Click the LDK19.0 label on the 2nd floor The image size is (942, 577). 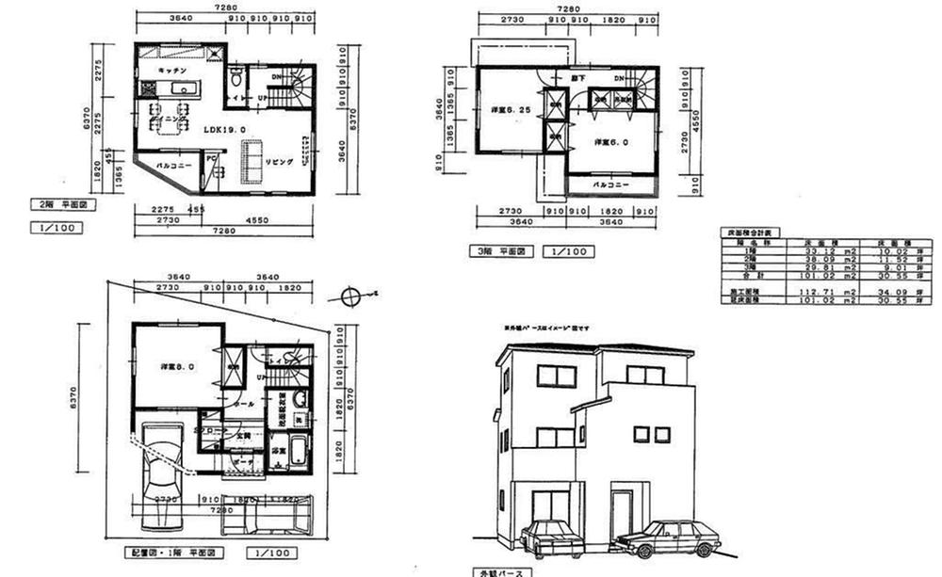coord(224,130)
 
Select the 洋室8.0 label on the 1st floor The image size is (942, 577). coord(175,368)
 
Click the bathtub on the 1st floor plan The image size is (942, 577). coord(299,451)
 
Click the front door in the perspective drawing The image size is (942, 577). coord(619,513)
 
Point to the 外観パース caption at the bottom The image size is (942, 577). coord(500,571)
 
